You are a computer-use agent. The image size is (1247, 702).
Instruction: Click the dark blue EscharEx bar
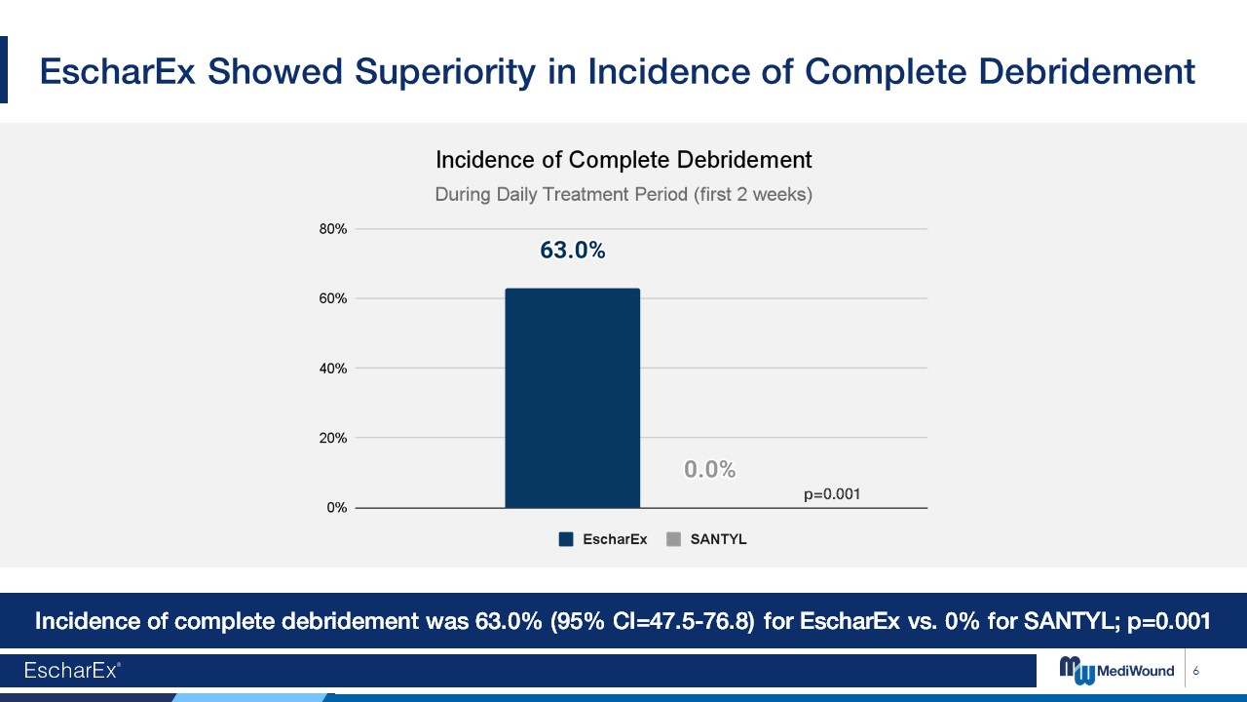(572, 398)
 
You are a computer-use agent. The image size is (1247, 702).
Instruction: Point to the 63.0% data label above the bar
(572, 251)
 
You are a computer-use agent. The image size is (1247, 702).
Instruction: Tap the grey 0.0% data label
(710, 469)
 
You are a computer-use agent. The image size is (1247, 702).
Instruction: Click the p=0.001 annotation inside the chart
(832, 494)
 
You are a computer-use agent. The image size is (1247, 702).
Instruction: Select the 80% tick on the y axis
(333, 229)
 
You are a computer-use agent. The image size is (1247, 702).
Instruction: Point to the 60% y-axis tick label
(333, 298)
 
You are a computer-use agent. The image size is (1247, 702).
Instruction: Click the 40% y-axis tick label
(333, 369)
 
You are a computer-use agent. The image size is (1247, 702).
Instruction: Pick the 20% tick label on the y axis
(333, 438)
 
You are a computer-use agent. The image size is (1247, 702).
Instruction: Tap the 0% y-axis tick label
(337, 508)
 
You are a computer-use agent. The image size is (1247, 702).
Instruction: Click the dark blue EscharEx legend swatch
(566, 539)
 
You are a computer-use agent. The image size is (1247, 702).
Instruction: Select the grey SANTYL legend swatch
(673, 539)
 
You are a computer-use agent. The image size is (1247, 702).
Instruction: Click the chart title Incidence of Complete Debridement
(623, 161)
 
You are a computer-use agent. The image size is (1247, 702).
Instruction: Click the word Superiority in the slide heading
(445, 72)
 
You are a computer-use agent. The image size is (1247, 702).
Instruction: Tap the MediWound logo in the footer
(1116, 670)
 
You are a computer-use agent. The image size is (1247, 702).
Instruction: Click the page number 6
(1195, 671)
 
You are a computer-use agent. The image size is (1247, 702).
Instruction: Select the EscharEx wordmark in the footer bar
(72, 670)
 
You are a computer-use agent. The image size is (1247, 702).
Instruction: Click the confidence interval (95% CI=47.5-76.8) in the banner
(652, 621)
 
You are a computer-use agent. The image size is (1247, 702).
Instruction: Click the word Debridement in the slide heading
(1086, 72)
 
